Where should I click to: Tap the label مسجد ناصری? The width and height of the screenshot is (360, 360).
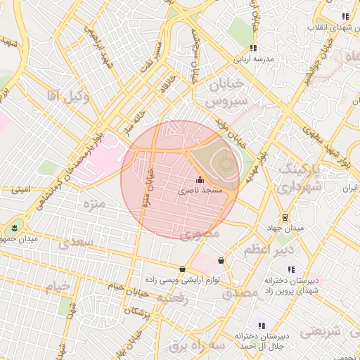[199, 191]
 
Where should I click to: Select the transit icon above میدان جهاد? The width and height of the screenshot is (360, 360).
[284, 217]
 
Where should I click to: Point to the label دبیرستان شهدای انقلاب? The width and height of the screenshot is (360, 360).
[333, 27]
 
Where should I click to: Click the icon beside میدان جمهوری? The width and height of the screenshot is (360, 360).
[14, 227]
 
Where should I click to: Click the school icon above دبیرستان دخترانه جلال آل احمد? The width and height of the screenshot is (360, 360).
[262, 326]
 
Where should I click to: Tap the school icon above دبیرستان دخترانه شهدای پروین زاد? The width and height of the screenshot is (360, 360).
[290, 269]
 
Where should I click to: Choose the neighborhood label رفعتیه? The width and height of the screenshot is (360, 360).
[174, 298]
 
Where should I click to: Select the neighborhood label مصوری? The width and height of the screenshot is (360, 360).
[200, 234]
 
